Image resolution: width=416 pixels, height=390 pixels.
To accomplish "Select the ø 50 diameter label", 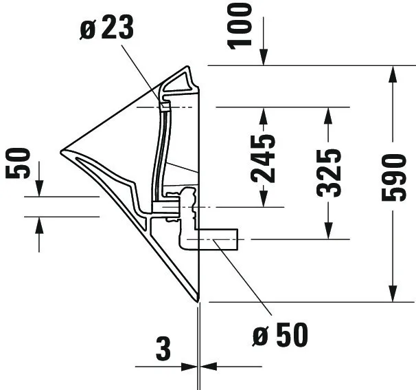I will point(280,336).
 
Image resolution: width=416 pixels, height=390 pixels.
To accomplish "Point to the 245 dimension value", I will point(264,158).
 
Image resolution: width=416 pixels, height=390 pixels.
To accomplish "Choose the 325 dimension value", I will point(330,172).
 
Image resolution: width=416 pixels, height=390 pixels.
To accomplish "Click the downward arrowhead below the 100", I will point(264,58).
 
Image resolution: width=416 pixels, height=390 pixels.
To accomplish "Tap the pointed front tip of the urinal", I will point(62,149).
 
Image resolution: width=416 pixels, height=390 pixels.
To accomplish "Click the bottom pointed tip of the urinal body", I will point(198,301).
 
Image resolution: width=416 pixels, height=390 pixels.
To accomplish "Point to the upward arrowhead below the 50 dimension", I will point(39,224).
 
